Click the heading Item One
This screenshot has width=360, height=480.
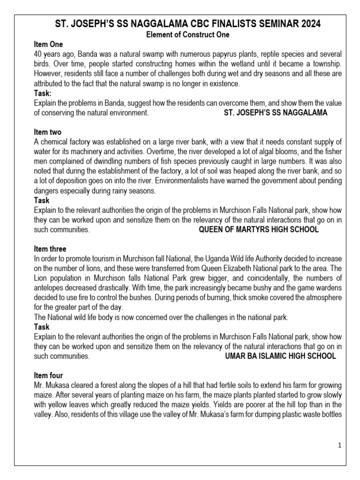click(48, 44)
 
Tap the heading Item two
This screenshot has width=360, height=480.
click(48, 132)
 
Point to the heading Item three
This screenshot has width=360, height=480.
click(50, 249)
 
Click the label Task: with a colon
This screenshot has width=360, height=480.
click(44, 93)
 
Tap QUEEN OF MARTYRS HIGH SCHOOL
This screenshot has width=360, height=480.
click(259, 230)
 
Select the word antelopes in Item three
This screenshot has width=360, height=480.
click(49, 288)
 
